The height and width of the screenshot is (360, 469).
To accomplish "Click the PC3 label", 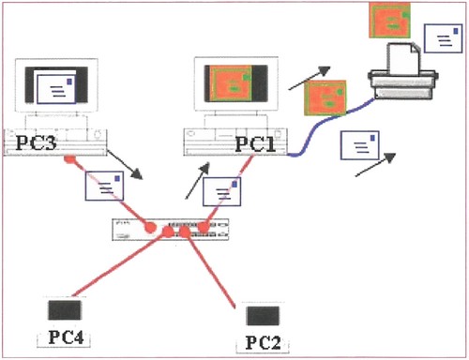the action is coord(37,142).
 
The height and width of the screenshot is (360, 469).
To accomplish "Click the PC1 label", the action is coord(255,144).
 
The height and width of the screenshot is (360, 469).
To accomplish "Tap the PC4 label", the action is coord(66,337).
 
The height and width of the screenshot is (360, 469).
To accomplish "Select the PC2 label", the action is coord(263,342).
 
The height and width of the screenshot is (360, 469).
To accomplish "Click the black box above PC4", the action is coord(65,310).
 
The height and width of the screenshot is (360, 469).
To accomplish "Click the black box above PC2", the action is coord(263,316).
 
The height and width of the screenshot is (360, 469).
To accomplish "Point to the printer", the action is coord(403,71).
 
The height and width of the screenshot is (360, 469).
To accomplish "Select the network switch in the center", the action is coord(171,230).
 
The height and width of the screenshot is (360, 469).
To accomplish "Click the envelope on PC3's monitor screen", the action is coord(56,89).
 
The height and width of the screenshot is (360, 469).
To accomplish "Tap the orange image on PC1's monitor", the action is coord(232,83).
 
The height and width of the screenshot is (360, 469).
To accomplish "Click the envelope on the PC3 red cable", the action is coord(104,186).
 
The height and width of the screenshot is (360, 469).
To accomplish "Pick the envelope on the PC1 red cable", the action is coord(221,191).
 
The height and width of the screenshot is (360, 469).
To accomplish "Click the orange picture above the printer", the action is coord(389,20).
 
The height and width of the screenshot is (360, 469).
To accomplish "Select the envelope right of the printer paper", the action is coord(443,38).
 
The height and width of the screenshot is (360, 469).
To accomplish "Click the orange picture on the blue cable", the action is coord(325,98).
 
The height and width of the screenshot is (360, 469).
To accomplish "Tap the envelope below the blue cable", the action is coord(360,145).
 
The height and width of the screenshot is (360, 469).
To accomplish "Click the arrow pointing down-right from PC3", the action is coord(125,165).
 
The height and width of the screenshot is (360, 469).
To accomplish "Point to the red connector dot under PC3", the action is coord(69,159).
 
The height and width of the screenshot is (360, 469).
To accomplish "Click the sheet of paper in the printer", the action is coord(403,59).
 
